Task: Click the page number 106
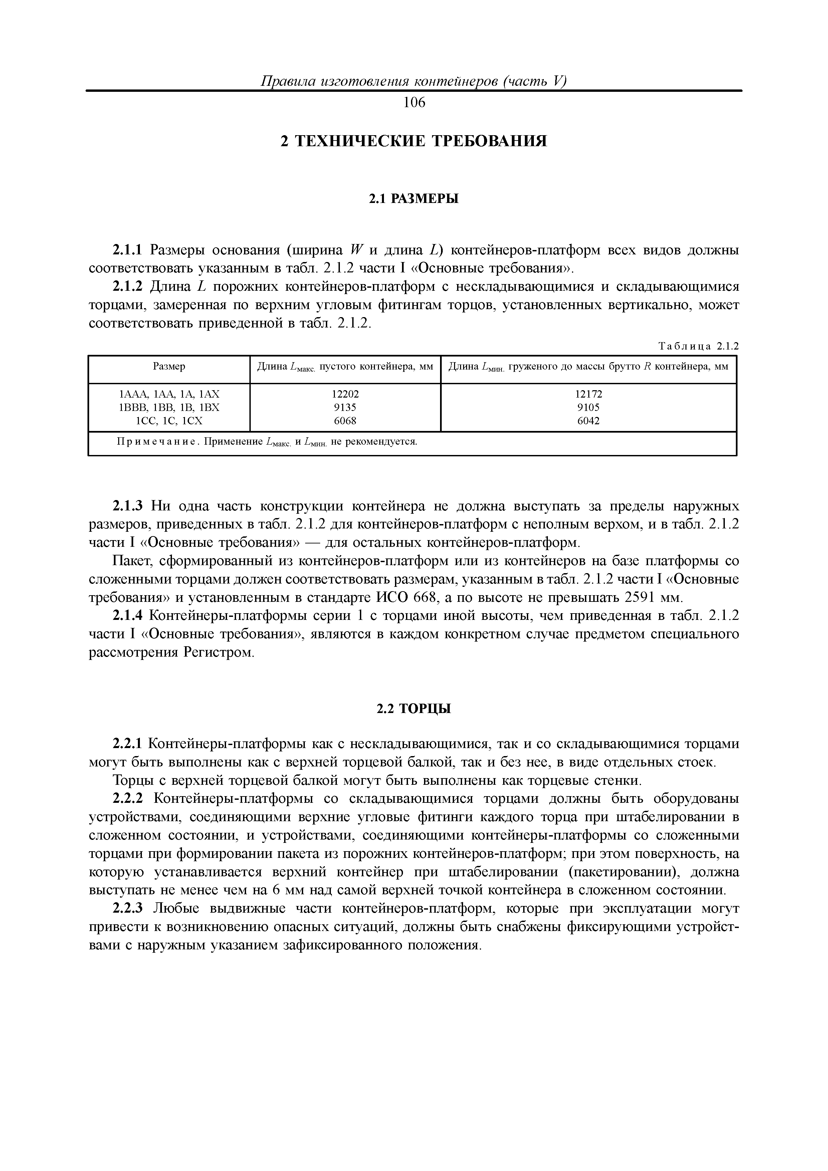414,103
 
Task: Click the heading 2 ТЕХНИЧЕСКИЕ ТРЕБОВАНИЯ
414,141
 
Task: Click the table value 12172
588,394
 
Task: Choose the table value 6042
588,421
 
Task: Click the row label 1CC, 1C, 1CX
169,421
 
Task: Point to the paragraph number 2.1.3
129,506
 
